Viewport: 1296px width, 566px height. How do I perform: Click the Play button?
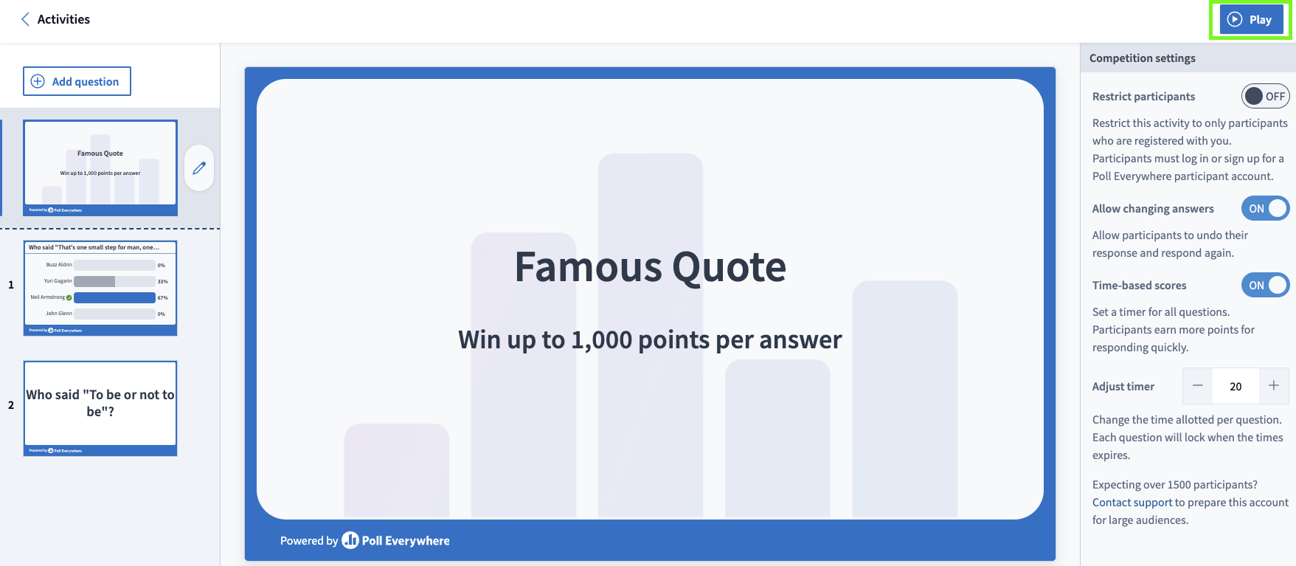[1251, 20]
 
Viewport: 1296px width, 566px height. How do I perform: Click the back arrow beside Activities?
[25, 19]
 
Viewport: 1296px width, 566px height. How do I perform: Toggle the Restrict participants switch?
[1265, 97]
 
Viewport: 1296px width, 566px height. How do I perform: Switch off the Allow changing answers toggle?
[1265, 209]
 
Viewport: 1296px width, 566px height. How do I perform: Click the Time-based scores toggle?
[1265, 286]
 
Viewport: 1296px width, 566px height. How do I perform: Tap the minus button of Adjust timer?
[1198, 386]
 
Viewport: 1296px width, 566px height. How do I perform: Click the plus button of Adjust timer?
[1274, 386]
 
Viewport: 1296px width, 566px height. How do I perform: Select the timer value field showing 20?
[1236, 386]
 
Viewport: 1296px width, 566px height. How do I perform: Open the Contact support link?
[1132, 503]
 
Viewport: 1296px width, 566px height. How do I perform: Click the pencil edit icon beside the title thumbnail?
[199, 168]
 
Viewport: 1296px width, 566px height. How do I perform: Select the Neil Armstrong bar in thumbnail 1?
[114, 297]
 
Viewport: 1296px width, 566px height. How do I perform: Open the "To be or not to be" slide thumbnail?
[100, 407]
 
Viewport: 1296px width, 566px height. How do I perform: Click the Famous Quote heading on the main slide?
[650, 266]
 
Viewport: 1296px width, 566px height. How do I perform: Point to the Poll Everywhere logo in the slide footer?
[395, 541]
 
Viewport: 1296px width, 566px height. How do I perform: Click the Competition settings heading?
[1142, 58]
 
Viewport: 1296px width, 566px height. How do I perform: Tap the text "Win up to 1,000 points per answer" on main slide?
[650, 339]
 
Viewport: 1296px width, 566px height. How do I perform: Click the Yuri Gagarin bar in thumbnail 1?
[114, 281]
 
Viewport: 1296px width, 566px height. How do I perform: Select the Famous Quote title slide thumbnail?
[100, 168]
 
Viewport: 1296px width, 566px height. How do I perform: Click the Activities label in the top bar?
[63, 19]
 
